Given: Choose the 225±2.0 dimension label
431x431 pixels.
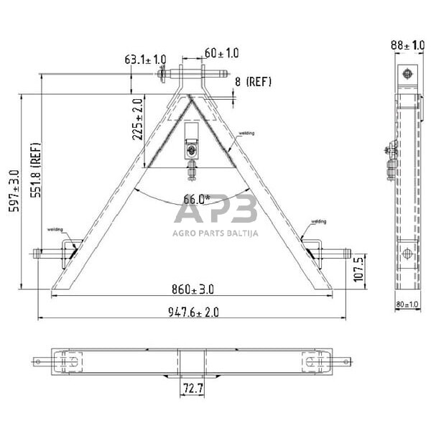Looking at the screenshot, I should coord(138,119).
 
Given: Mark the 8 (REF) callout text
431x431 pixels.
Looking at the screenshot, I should coord(254,82).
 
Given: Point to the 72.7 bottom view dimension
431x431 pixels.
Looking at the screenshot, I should coord(192,388).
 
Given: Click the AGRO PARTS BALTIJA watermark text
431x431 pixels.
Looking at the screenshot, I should coord(215,232).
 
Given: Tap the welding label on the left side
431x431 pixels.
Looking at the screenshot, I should coord(56,229).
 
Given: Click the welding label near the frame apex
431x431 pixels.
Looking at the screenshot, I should coord(246,133).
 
